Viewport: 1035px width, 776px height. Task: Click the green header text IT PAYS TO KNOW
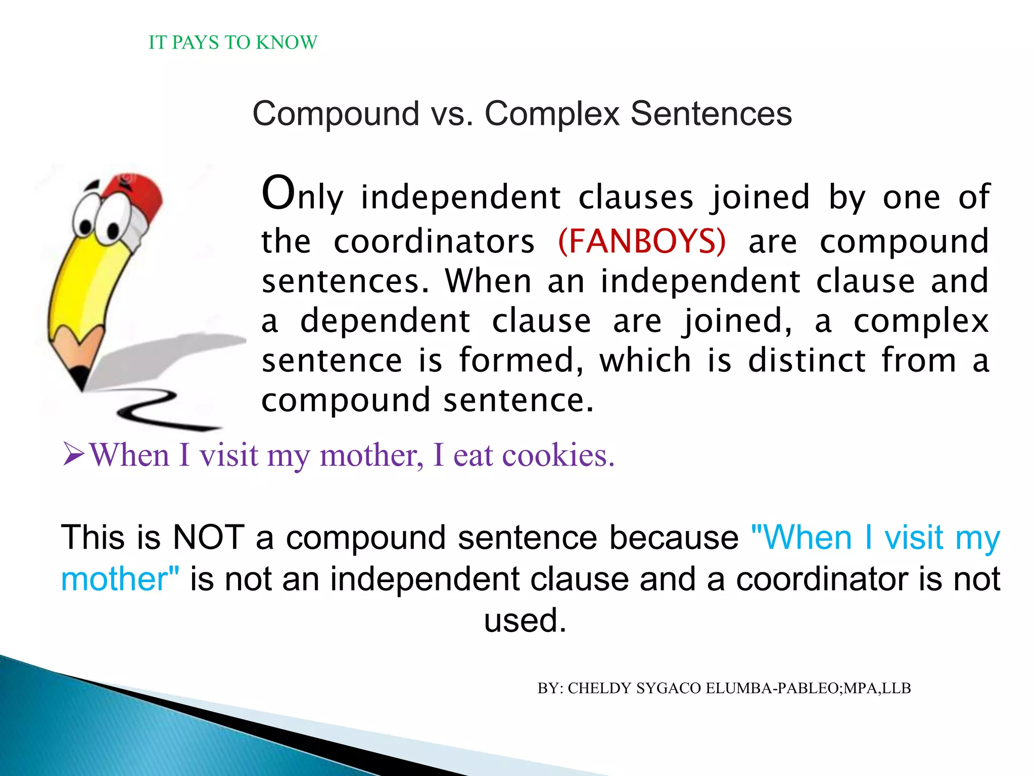233,42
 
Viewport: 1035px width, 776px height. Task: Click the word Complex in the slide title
552,114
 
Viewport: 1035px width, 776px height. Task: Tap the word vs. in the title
452,114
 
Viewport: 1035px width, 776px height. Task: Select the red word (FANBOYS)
642,241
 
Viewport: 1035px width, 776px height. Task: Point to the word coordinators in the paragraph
434,241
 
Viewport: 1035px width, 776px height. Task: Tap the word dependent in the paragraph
385,321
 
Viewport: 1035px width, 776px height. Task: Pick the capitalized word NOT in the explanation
208,537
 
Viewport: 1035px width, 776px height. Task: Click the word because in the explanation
674,537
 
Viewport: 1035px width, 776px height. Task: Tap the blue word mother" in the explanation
120,579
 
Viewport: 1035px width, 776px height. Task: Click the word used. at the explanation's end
525,620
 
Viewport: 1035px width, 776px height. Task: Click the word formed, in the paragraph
521,361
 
